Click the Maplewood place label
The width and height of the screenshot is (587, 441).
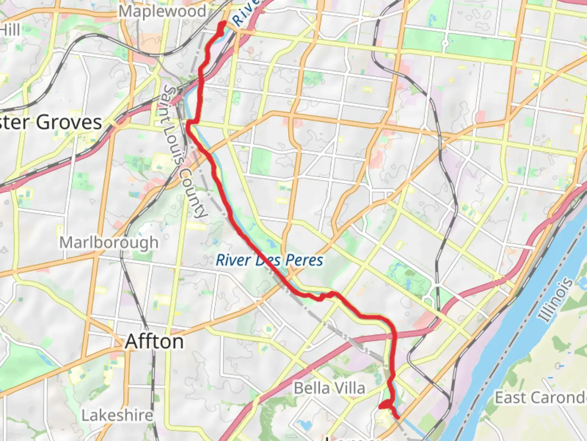pos(162,11)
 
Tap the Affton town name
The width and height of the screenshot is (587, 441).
pos(154,341)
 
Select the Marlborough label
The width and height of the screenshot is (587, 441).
pos(109,243)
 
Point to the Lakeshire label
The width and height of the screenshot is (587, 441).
pos(117,415)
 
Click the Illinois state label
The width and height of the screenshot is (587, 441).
pos(555,300)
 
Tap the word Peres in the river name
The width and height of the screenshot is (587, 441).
pos(304,260)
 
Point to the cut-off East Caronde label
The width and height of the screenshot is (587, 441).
pos(541,397)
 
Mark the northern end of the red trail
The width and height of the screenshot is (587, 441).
pos(222,24)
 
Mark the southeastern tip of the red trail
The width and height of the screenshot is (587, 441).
pos(397,417)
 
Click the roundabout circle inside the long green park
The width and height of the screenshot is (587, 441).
pos(445,43)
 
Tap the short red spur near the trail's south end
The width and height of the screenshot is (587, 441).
pos(384,405)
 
